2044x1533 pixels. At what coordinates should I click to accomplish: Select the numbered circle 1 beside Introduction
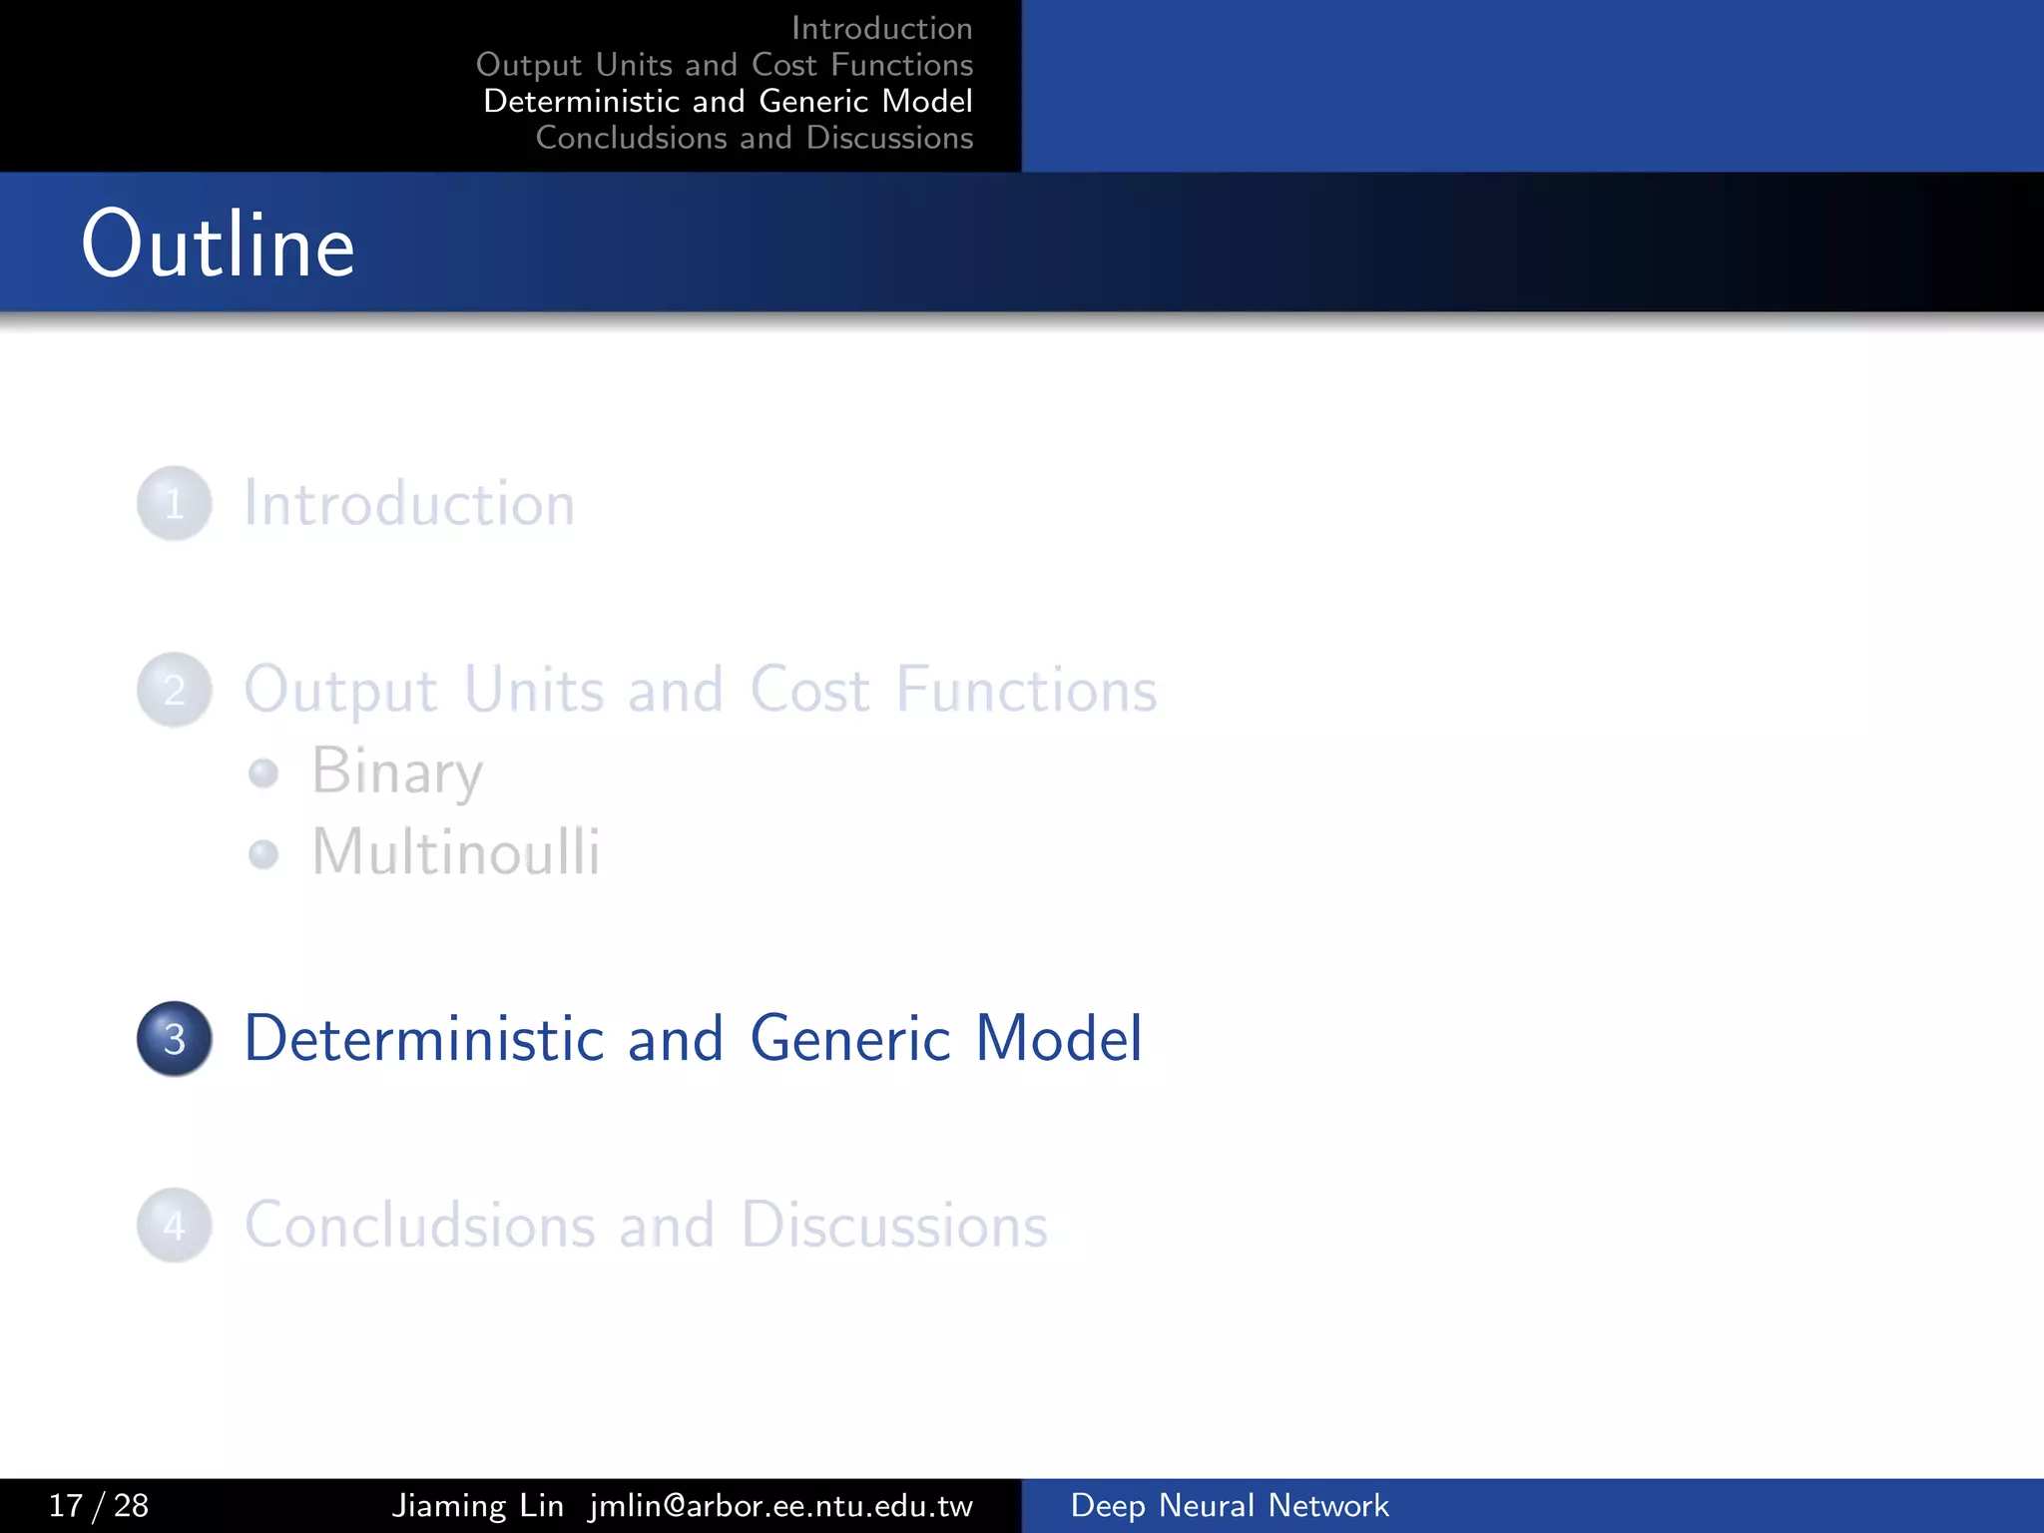(x=175, y=504)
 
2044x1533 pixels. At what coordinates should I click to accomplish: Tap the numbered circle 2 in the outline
(x=175, y=690)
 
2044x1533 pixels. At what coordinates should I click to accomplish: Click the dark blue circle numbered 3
(x=175, y=1039)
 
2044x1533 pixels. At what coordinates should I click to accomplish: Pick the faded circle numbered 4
(x=175, y=1226)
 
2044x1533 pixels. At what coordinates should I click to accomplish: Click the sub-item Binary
(x=397, y=771)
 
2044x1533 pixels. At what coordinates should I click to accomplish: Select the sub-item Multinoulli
(x=456, y=853)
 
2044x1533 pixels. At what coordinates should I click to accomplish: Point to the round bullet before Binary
(x=263, y=772)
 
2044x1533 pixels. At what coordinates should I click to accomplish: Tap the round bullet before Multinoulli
(x=263, y=854)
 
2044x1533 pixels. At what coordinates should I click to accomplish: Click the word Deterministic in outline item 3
(x=424, y=1039)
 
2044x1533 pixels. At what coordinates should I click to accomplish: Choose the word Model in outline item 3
(x=1058, y=1039)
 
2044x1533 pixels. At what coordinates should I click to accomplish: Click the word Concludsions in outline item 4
(x=420, y=1226)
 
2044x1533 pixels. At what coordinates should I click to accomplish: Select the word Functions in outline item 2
(x=1026, y=690)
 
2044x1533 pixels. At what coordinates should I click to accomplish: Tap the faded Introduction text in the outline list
(x=409, y=504)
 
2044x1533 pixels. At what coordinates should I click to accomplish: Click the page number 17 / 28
(x=99, y=1505)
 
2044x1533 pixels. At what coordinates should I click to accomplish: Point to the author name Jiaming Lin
(x=477, y=1505)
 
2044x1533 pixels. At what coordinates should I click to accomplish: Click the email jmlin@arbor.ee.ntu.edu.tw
(x=780, y=1505)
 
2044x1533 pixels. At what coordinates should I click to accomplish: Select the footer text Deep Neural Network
(x=1229, y=1505)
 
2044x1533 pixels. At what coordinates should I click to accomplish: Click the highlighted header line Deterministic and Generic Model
(x=728, y=101)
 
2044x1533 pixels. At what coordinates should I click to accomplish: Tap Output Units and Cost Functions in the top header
(x=725, y=65)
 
